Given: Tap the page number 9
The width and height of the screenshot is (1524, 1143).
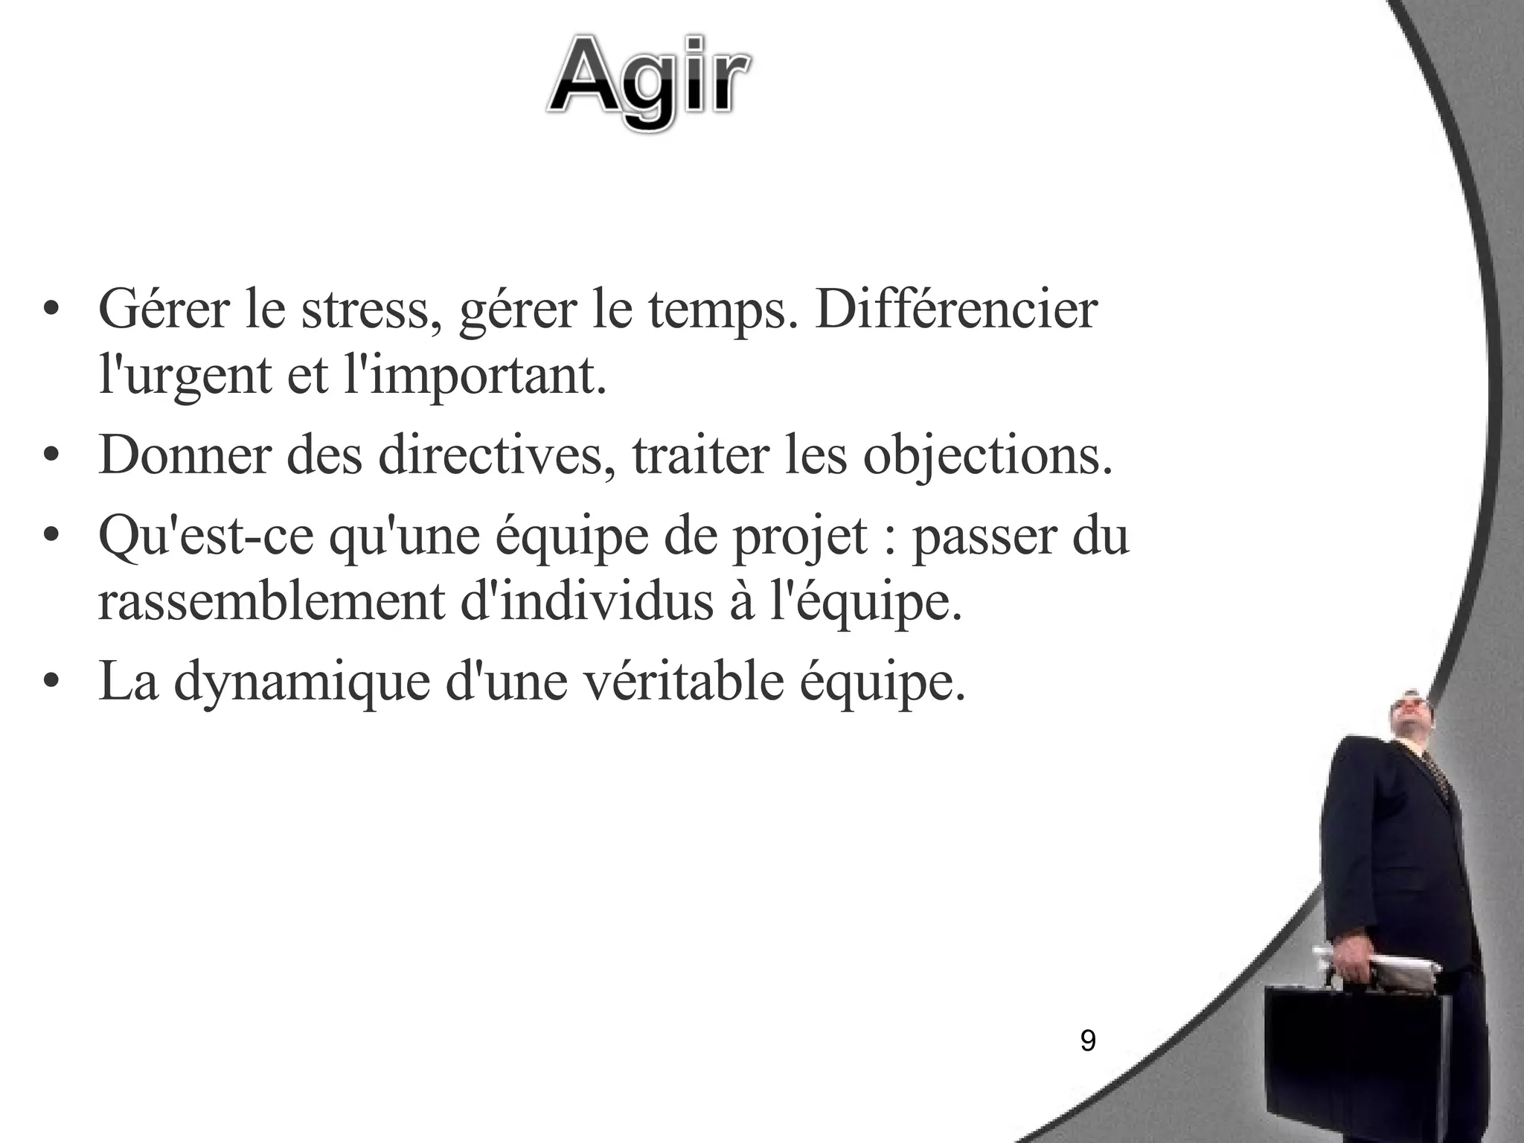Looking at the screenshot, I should point(1087,1040).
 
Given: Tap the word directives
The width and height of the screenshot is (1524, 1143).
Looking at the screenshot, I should point(491,455).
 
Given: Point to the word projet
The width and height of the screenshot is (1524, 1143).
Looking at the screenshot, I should point(800,537).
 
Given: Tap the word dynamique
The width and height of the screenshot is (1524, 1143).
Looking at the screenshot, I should point(301,682).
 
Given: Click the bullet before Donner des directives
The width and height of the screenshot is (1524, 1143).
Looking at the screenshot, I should point(50,456).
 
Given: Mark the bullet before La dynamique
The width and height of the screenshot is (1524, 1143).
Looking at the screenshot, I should point(50,683).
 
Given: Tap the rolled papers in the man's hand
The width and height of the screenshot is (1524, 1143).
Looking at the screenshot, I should point(1377,964).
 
